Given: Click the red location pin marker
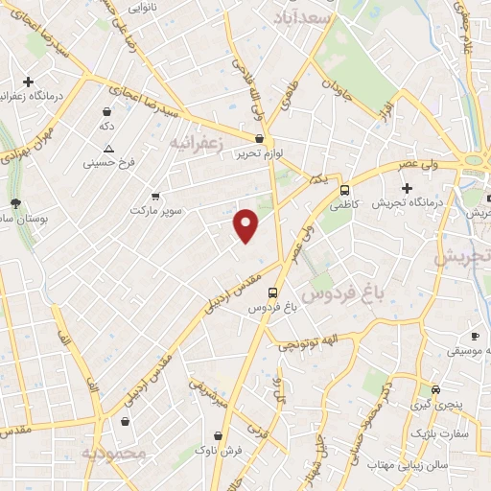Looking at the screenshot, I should coord(246,224).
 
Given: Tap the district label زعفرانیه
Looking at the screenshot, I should coord(196,143).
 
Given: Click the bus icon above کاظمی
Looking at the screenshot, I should coord(344,189).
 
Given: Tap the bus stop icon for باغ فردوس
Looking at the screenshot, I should coord(273,292).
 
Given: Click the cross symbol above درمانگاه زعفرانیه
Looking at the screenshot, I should coord(29,82).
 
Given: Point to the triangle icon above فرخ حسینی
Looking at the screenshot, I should coord(108,149).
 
